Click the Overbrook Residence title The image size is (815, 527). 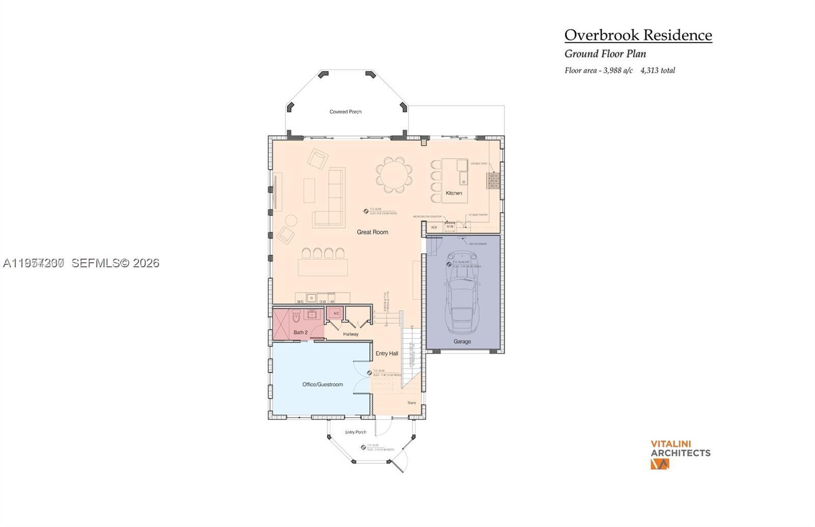[x=638, y=35]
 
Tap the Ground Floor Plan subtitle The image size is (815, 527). [x=605, y=53]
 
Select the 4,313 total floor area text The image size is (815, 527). [x=658, y=71]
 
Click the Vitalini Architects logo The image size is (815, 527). [x=680, y=454]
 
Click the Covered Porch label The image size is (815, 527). [x=345, y=112]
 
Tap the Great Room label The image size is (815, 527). [x=372, y=232]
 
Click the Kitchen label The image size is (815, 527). [x=454, y=193]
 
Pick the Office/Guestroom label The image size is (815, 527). [x=322, y=384]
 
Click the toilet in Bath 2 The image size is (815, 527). [x=297, y=318]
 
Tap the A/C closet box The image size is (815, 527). [x=336, y=314]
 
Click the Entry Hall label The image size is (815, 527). [x=387, y=353]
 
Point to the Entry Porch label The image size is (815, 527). [x=356, y=432]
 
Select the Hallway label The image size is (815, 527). [x=350, y=334]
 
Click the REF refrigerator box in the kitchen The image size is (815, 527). [x=434, y=227]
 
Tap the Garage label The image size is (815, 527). [x=463, y=342]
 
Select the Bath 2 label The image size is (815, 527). [x=301, y=332]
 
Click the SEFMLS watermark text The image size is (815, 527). [x=115, y=263]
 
